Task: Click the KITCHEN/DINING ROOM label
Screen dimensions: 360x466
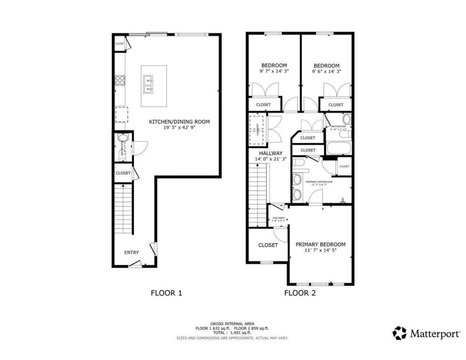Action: [x=179, y=122]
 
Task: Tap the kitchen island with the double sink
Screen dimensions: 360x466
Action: [x=154, y=86]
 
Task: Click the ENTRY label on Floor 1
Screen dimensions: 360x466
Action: [x=131, y=252]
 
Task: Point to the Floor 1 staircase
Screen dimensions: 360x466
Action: [x=123, y=210]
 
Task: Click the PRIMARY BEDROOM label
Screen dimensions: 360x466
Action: [x=320, y=244]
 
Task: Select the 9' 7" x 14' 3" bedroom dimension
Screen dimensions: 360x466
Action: [x=274, y=71]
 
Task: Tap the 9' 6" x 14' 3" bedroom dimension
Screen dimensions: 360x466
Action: [x=327, y=72]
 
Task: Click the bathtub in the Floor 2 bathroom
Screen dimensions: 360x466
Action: [x=338, y=149]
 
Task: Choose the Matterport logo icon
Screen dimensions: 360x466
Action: [x=399, y=333]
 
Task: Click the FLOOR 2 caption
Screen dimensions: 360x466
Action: [x=300, y=293]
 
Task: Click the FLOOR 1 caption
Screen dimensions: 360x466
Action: [x=166, y=293]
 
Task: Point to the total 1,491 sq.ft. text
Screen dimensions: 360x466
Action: [x=232, y=333]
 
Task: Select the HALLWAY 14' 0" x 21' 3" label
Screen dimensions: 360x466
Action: [x=270, y=156]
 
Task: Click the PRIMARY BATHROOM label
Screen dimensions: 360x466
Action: [x=319, y=182]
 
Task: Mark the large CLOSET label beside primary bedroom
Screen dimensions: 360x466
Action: [x=268, y=245]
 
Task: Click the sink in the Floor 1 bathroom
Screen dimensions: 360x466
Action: [x=122, y=139]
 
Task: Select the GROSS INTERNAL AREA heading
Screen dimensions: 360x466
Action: [x=232, y=324]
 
